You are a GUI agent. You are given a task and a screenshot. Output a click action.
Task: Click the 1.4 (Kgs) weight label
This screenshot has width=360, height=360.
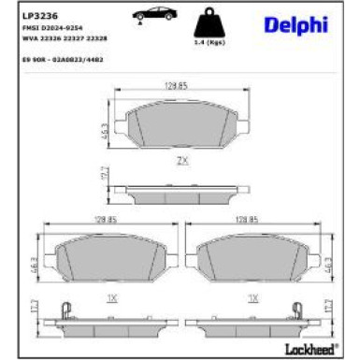[217, 45]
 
